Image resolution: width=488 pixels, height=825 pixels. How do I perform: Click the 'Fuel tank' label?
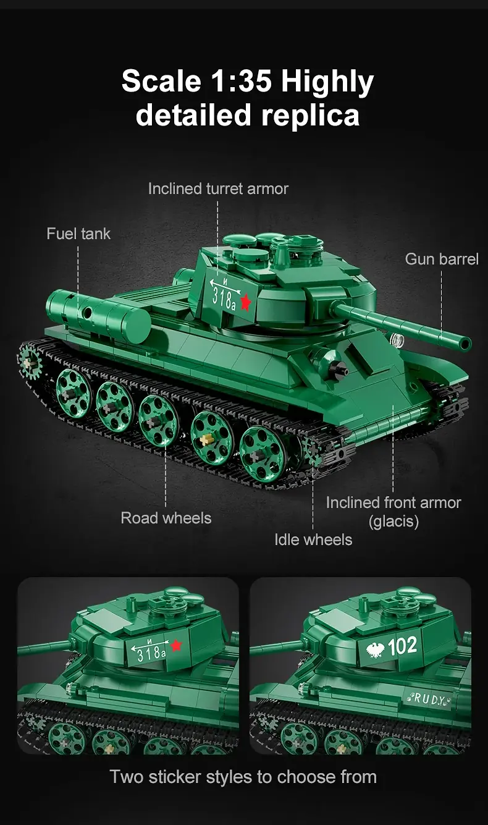coord(78,234)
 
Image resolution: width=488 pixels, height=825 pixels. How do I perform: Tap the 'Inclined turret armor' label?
coord(218,189)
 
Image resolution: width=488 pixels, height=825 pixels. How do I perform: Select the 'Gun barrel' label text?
coord(442,260)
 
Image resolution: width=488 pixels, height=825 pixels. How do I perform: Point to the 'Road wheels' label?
coord(166,518)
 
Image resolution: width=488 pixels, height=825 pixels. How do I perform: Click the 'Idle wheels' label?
coord(313,540)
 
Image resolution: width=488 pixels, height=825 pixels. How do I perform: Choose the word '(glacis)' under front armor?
coord(393,522)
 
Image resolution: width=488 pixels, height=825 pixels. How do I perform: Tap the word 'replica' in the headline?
coord(310,116)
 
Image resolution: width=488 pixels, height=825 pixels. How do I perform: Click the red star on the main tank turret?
coord(245,302)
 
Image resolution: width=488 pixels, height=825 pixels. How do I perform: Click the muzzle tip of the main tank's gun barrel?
coord(466,343)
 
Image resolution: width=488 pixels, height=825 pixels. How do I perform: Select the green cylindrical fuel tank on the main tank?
coord(98,314)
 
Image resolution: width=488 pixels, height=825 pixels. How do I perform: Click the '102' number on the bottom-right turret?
coord(402,646)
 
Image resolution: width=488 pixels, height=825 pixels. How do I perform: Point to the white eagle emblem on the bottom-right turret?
coord(376,649)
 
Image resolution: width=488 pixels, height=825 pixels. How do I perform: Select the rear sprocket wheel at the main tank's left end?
coord(30,362)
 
